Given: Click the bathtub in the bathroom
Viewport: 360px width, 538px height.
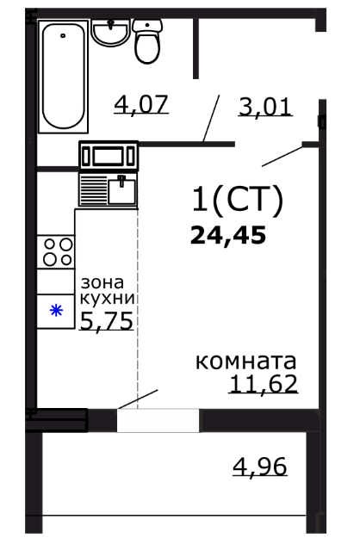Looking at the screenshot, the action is [x=64, y=76].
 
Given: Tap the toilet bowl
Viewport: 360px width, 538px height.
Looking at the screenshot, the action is [x=147, y=47].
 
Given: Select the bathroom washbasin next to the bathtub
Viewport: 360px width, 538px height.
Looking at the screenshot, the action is [x=110, y=32].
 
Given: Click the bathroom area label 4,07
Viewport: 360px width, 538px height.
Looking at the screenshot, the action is [x=141, y=104].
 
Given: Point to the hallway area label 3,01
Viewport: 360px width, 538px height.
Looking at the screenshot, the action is [x=265, y=107].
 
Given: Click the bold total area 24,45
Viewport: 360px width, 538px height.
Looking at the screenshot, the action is [x=228, y=235].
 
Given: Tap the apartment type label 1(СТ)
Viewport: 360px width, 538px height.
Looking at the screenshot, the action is [x=238, y=200].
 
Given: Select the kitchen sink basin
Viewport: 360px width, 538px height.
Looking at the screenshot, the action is [x=121, y=190].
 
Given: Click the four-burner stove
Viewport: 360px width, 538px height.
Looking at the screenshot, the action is [x=56, y=252].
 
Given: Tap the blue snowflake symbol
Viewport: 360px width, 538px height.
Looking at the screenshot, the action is [x=56, y=311].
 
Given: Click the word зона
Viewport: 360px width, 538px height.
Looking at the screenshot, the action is [x=102, y=282].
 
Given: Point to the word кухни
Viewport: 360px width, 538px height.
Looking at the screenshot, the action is [x=107, y=299].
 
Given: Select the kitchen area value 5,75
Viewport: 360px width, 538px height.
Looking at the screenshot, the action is [x=107, y=321].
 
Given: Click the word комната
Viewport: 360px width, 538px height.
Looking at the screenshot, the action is [x=245, y=362].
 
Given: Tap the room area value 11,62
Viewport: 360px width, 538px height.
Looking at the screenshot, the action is [x=264, y=384].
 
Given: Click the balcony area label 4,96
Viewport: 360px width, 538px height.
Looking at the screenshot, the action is [x=260, y=467].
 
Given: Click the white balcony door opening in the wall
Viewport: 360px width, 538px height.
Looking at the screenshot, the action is [x=158, y=420].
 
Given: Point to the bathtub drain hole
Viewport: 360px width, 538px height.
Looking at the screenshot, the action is [x=63, y=35].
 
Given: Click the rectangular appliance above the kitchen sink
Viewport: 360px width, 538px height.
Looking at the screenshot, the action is [x=109, y=156].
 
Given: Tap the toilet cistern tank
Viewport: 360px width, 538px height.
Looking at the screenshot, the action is [x=147, y=26].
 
